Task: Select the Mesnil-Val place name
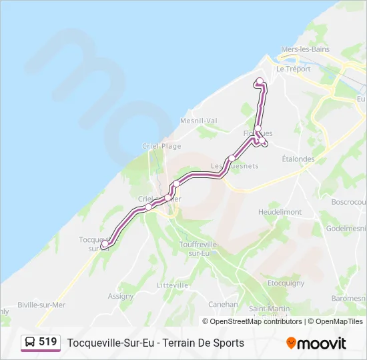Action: coord(199,121)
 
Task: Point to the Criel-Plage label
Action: coord(161,146)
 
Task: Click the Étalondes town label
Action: coord(298,159)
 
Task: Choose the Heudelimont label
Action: coord(280,212)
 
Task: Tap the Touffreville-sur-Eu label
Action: coord(198,249)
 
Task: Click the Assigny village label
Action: coord(121,296)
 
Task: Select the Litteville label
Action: coord(172,285)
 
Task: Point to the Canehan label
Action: coord(223,304)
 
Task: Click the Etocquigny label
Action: coord(286,283)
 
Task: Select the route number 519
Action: coord(47,342)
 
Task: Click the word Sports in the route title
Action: coord(228,343)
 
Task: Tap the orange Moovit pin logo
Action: coord(291,343)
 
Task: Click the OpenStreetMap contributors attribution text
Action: coord(253,321)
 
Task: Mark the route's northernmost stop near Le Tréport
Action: coord(260,81)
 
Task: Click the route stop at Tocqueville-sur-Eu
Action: coord(103,245)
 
